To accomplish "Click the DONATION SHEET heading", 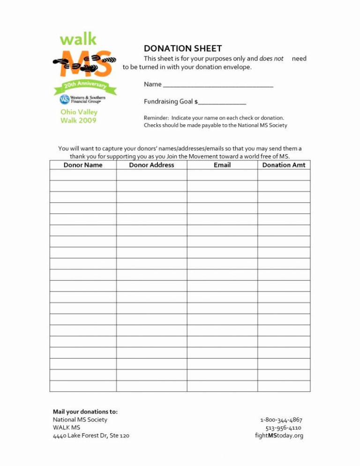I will tap(183, 48).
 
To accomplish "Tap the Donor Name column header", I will tap(83, 165).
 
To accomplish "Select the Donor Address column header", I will tap(151, 165).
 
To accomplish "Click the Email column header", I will tap(222, 165).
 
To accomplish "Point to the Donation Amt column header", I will tap(284, 165).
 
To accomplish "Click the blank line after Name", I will tap(218, 85).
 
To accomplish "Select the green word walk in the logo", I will tap(78, 39).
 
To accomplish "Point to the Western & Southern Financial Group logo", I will tap(82, 99).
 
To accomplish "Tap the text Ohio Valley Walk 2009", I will tap(79, 116).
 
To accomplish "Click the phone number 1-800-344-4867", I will tap(281, 420).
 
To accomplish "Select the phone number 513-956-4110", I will tap(283, 428).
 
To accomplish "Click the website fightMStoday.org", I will tap(279, 436).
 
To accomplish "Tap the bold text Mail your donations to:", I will tap(85, 412).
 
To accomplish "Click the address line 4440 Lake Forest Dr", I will tap(91, 436).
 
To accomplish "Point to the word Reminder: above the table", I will tap(156, 118).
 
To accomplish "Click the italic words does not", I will tap(271, 59).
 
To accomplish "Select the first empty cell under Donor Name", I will tap(83, 175).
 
